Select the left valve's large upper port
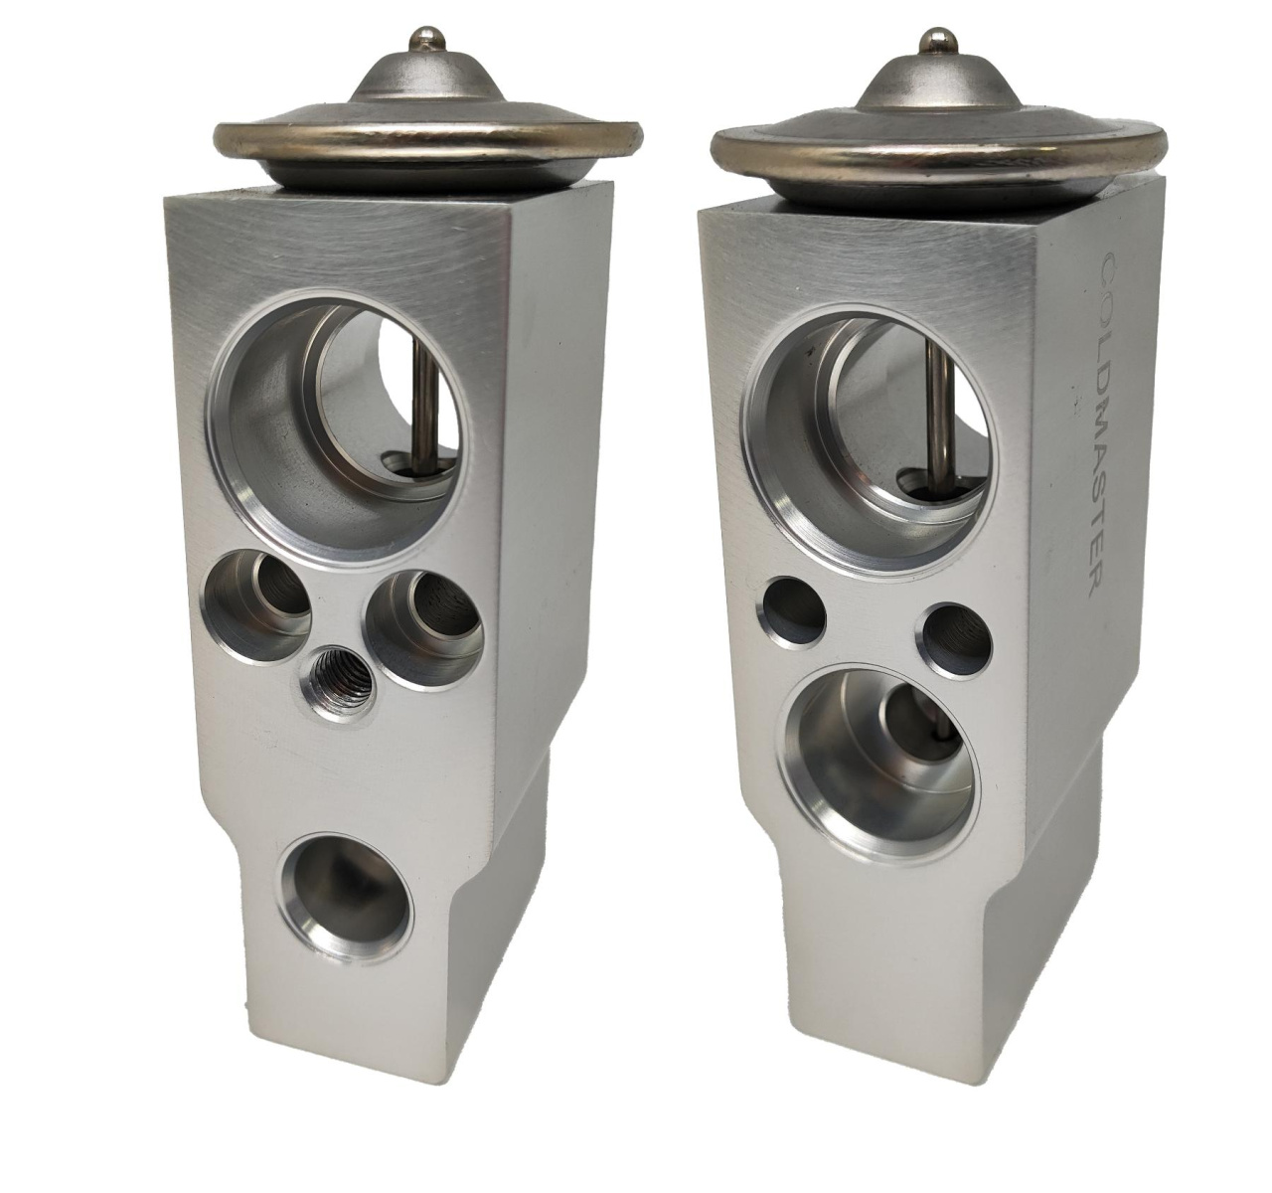(341, 429)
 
